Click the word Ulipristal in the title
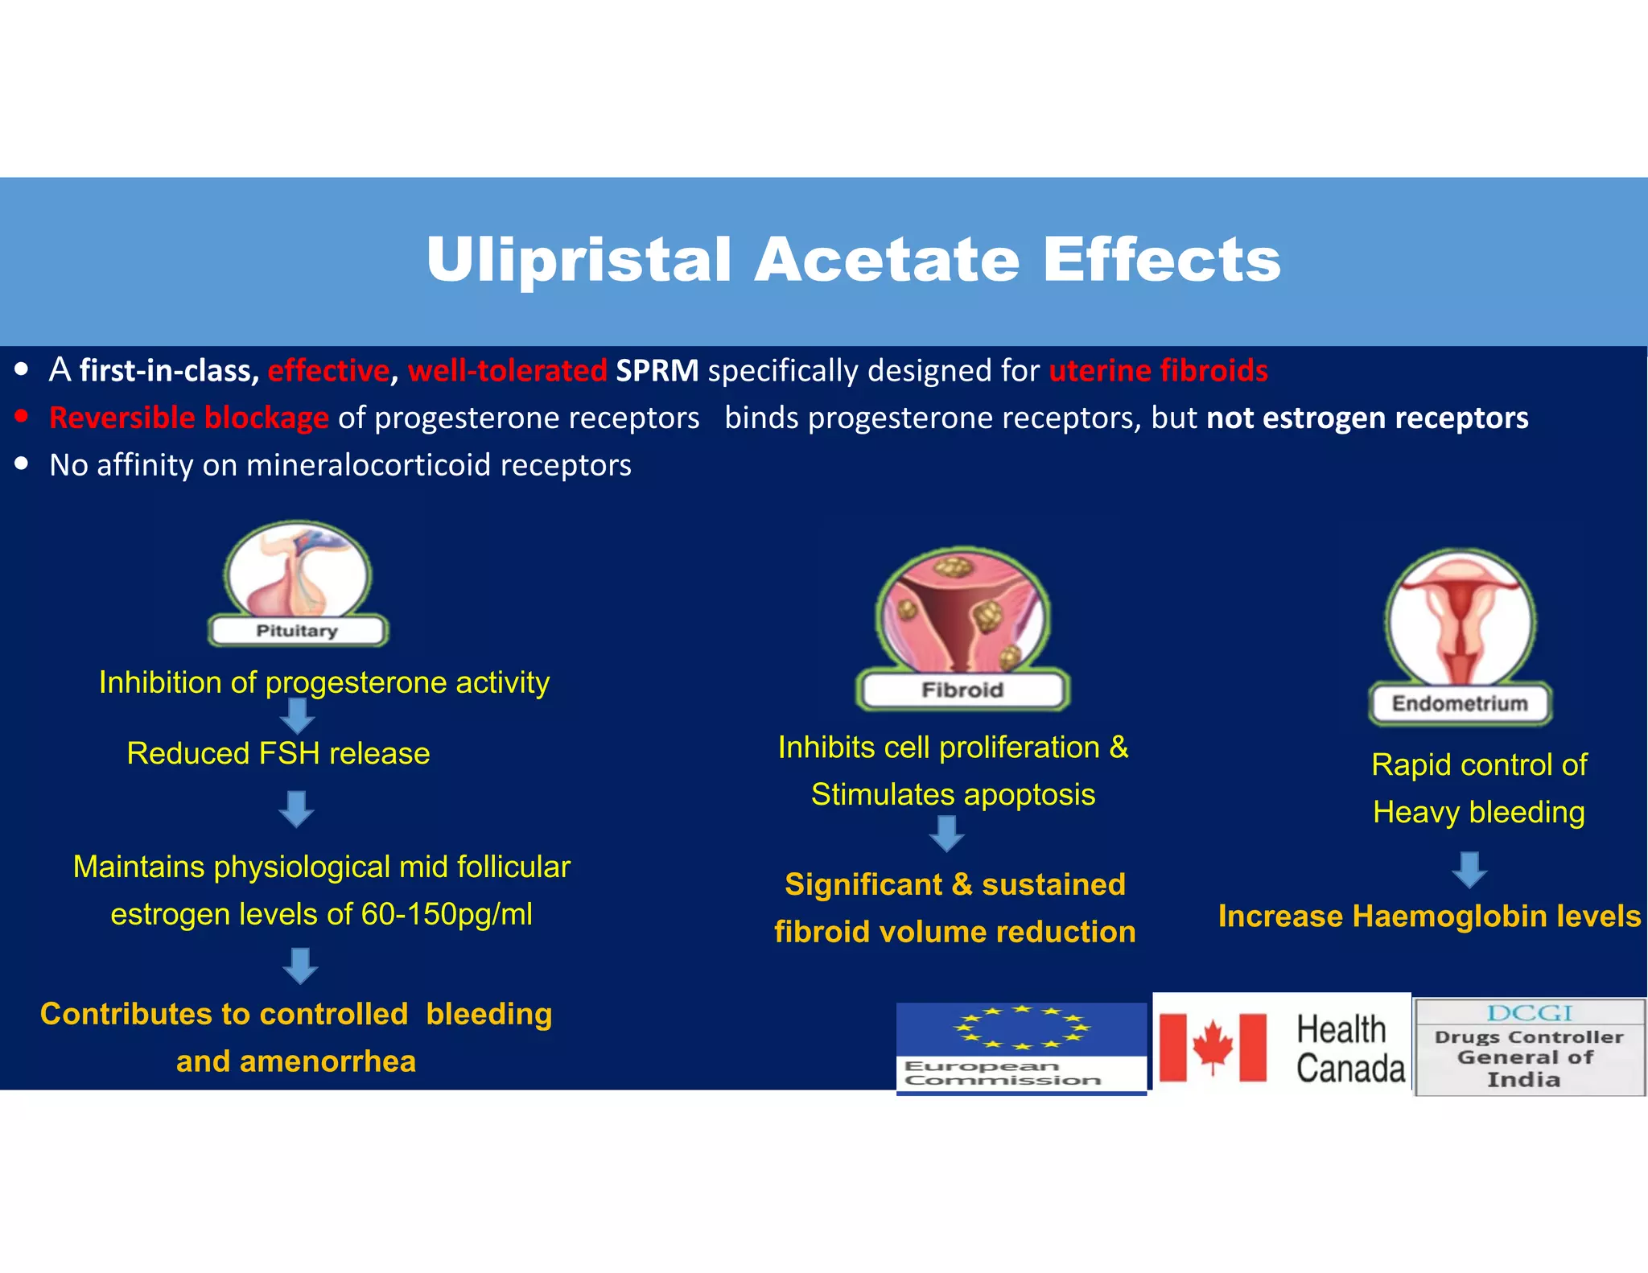(579, 260)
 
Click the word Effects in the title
(1161, 260)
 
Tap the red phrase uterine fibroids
(1158, 370)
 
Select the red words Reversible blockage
(189, 418)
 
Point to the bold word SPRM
(657, 370)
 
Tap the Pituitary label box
(297, 631)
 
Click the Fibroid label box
(962, 690)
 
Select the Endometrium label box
(1460, 704)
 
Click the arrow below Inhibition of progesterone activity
(297, 715)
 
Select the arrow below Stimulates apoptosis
(946, 834)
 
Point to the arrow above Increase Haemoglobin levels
(1469, 870)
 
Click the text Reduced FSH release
(278, 754)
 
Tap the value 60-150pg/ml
(447, 915)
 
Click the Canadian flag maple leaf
(1213, 1047)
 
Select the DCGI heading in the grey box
(1529, 1013)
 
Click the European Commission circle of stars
(1021, 1028)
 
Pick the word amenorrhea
(328, 1062)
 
